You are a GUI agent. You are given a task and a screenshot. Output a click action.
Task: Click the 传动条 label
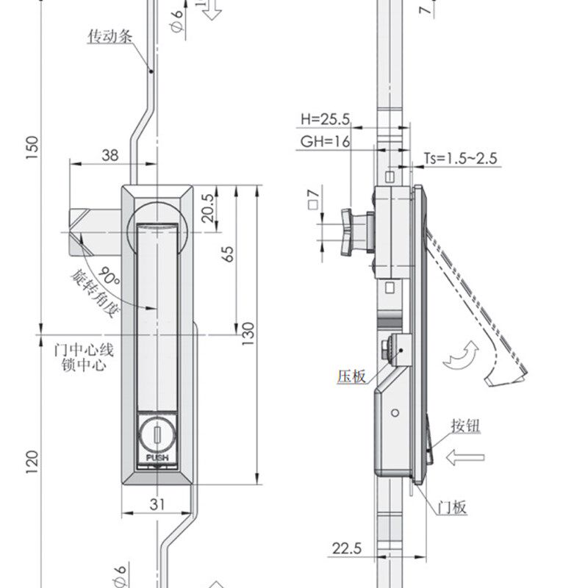point(111,35)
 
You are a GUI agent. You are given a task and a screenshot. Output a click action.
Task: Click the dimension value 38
point(109,155)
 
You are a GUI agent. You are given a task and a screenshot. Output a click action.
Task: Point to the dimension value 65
point(228,254)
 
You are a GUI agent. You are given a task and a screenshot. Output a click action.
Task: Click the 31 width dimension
point(157,503)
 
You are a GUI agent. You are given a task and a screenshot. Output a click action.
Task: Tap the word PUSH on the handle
point(157,457)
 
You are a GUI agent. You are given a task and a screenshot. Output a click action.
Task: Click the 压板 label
point(351,376)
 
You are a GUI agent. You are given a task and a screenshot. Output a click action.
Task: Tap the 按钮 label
point(466,426)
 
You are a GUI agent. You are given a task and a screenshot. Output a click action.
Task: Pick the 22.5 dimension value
point(346,548)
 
